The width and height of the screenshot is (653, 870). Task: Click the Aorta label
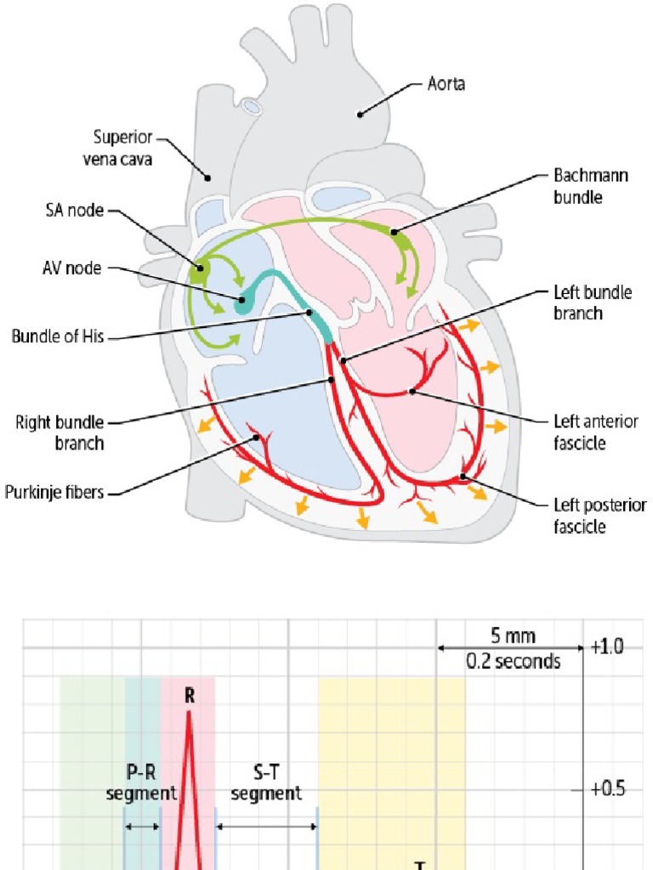[x=446, y=85]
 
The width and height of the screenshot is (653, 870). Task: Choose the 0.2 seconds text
[x=513, y=661]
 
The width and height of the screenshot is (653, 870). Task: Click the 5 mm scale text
[x=513, y=636]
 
